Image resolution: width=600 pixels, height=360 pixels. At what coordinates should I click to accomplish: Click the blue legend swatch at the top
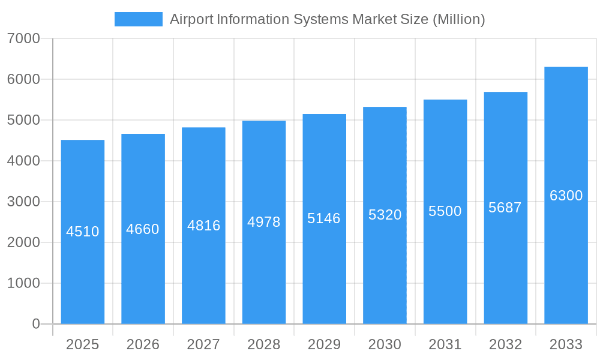[x=138, y=19]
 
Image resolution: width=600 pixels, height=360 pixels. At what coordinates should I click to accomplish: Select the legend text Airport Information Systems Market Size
[x=327, y=19]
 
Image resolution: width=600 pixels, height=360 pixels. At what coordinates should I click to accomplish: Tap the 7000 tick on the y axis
[x=23, y=38]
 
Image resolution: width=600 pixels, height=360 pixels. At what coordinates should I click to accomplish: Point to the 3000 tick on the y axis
[x=23, y=202]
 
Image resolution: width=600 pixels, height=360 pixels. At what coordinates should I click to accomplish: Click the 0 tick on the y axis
[x=35, y=324]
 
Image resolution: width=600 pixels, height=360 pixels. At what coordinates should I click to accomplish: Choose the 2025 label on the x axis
[x=83, y=344]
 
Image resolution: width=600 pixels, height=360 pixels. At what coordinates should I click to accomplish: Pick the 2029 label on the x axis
[x=324, y=344]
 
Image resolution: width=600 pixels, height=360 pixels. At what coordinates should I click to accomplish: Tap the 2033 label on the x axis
[x=566, y=344]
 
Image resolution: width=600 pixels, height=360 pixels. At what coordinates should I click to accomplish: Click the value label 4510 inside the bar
[x=83, y=232]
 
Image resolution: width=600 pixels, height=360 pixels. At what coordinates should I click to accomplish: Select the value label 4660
[x=143, y=229]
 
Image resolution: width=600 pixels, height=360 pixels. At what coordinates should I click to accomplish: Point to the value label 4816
[x=203, y=226]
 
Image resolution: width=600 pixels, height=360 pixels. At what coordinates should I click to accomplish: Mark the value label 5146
[x=324, y=218]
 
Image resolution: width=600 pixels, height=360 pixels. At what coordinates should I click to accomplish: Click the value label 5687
[x=505, y=208]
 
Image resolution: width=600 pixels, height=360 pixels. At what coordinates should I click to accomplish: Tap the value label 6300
[x=566, y=196]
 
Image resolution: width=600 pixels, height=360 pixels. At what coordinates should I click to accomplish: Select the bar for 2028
[x=264, y=270]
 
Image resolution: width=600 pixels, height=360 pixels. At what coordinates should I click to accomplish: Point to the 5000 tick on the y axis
[x=23, y=120]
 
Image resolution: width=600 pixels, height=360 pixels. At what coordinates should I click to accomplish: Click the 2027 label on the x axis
[x=203, y=344]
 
